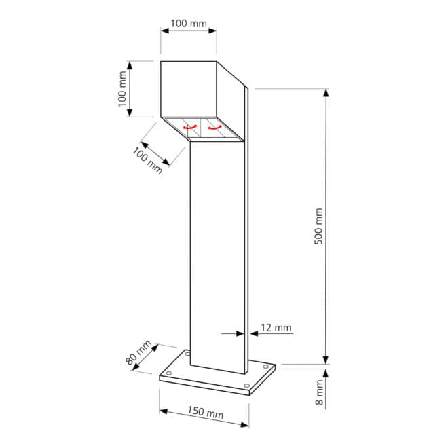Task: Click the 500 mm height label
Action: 318,226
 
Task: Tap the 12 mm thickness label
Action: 276,328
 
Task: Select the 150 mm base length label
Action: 206,412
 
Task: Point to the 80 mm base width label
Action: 138,352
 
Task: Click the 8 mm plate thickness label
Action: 319,392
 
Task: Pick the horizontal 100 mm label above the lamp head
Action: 189,24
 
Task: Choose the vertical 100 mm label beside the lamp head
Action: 122,89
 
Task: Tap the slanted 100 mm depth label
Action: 147,161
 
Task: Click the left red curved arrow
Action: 190,127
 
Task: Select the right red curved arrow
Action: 215,128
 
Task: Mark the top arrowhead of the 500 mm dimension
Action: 326,93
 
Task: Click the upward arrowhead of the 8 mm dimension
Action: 326,373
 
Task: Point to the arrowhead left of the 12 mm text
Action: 240,333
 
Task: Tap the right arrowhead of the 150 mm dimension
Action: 244,425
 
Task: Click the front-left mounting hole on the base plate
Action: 169,373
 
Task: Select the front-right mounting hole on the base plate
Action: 247,386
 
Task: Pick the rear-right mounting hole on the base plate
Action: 265,367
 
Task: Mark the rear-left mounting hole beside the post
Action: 187,354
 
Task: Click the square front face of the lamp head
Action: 189,89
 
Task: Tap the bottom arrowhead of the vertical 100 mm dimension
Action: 130,113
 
